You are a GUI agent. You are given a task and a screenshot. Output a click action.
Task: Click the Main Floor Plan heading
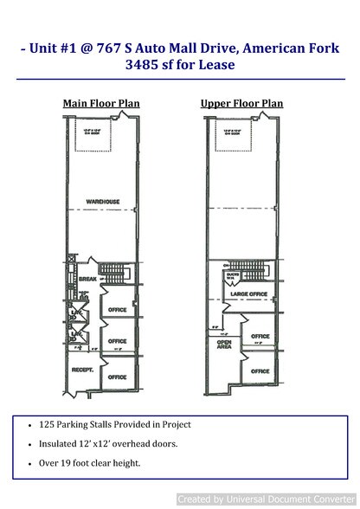click(x=100, y=104)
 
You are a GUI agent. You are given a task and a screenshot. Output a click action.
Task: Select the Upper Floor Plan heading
click(x=241, y=104)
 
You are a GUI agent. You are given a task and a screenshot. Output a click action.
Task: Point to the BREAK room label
click(x=87, y=279)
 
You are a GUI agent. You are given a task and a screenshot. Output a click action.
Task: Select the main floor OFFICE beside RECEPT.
click(x=117, y=377)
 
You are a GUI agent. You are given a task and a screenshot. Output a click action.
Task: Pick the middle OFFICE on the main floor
click(x=117, y=341)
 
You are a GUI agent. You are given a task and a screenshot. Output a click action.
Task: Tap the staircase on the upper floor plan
click(x=257, y=276)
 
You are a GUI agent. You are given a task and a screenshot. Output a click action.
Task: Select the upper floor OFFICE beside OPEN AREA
click(x=260, y=337)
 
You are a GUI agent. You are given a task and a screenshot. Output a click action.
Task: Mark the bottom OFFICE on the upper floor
click(x=260, y=370)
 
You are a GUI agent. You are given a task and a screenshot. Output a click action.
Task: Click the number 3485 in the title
click(x=144, y=64)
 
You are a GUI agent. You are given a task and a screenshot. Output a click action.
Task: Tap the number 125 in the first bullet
click(x=48, y=424)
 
